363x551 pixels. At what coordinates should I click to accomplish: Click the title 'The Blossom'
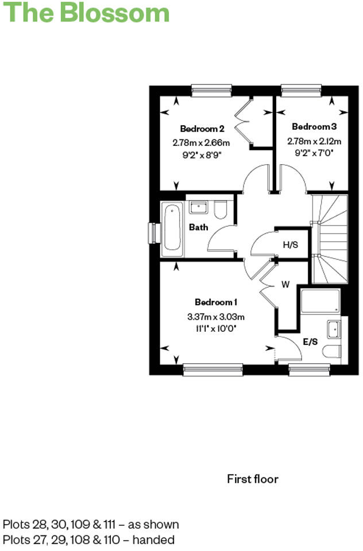(87, 13)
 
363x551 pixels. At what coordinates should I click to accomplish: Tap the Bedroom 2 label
(202, 129)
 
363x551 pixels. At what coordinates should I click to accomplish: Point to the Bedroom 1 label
(216, 302)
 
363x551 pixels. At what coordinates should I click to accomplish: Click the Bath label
(198, 227)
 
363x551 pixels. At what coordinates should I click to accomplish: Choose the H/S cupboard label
(291, 245)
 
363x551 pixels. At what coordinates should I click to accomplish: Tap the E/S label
(310, 342)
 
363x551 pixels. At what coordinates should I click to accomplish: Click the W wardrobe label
(285, 284)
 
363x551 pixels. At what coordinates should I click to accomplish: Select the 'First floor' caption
(252, 479)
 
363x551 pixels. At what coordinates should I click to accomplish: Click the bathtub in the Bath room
(172, 230)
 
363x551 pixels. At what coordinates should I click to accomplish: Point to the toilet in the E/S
(333, 351)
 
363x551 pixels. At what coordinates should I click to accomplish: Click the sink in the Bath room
(199, 207)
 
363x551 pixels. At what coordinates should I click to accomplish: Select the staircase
(329, 238)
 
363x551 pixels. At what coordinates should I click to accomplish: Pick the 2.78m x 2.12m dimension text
(314, 141)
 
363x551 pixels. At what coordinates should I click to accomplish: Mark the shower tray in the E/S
(320, 301)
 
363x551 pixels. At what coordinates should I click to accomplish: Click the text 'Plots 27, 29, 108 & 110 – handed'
(88, 540)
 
